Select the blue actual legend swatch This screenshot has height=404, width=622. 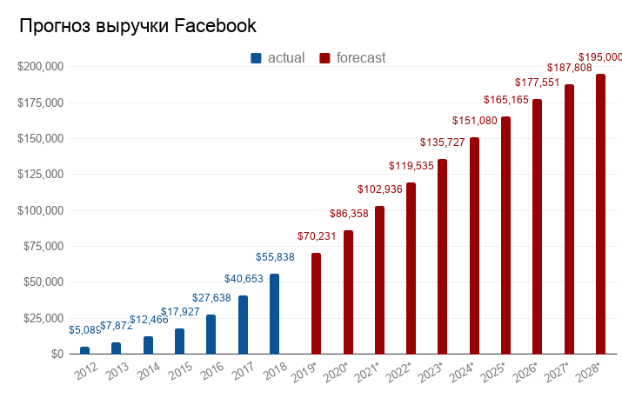click(x=256, y=58)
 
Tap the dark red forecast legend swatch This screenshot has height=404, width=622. click(x=324, y=58)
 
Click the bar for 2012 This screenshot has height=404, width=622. click(x=84, y=350)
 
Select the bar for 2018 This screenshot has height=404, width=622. click(x=274, y=314)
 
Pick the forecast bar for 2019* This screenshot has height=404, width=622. click(x=316, y=303)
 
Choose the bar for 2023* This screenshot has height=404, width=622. click(x=442, y=256)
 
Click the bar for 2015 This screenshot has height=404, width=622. click(x=179, y=341)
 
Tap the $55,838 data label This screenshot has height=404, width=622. click(x=275, y=258)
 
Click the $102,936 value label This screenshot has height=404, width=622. click(x=380, y=189)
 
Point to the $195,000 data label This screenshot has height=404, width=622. click(x=600, y=57)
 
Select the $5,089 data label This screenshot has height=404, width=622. click(x=84, y=330)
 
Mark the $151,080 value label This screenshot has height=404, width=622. click(x=475, y=120)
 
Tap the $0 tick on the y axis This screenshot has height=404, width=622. click(x=57, y=354)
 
